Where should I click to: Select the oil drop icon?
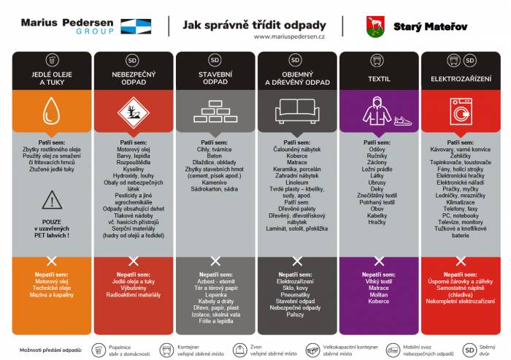(51, 112)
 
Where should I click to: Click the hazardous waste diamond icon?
(133, 112)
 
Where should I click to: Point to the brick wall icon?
(215, 112)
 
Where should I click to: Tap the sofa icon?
(297, 111)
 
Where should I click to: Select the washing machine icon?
(461, 112)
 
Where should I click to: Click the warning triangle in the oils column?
(51, 199)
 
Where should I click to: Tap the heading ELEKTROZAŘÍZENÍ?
(461, 77)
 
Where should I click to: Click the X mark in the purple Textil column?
(378, 261)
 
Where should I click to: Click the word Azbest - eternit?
(215, 281)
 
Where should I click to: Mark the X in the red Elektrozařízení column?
(461, 261)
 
